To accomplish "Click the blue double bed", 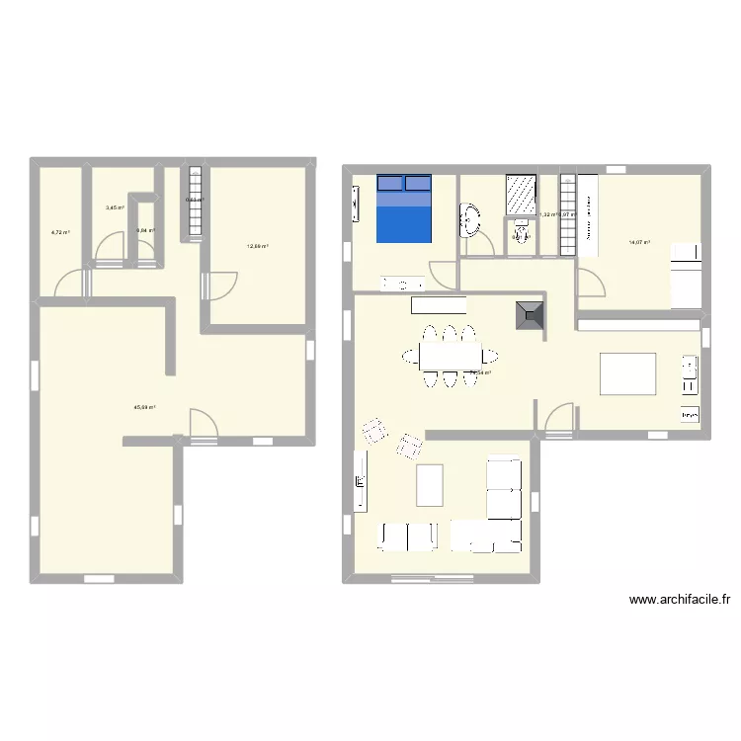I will (x=404, y=208).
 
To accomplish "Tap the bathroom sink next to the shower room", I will (x=469, y=220).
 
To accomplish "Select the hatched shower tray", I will (x=520, y=194).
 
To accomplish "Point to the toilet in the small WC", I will (x=519, y=233).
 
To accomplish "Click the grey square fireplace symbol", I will (x=530, y=316).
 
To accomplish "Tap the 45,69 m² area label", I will (x=145, y=407).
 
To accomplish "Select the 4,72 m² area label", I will (x=60, y=232).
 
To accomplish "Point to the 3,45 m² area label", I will (x=115, y=207).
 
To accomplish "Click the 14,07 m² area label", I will (x=639, y=242).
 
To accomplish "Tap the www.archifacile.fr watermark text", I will (x=679, y=599).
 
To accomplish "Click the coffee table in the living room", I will (x=429, y=485).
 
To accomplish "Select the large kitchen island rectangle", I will (x=628, y=374).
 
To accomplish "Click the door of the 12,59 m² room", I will (x=219, y=286).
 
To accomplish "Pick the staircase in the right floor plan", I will (x=567, y=213).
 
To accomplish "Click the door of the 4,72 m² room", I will (x=71, y=284).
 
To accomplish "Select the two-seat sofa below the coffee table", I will (x=407, y=536).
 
